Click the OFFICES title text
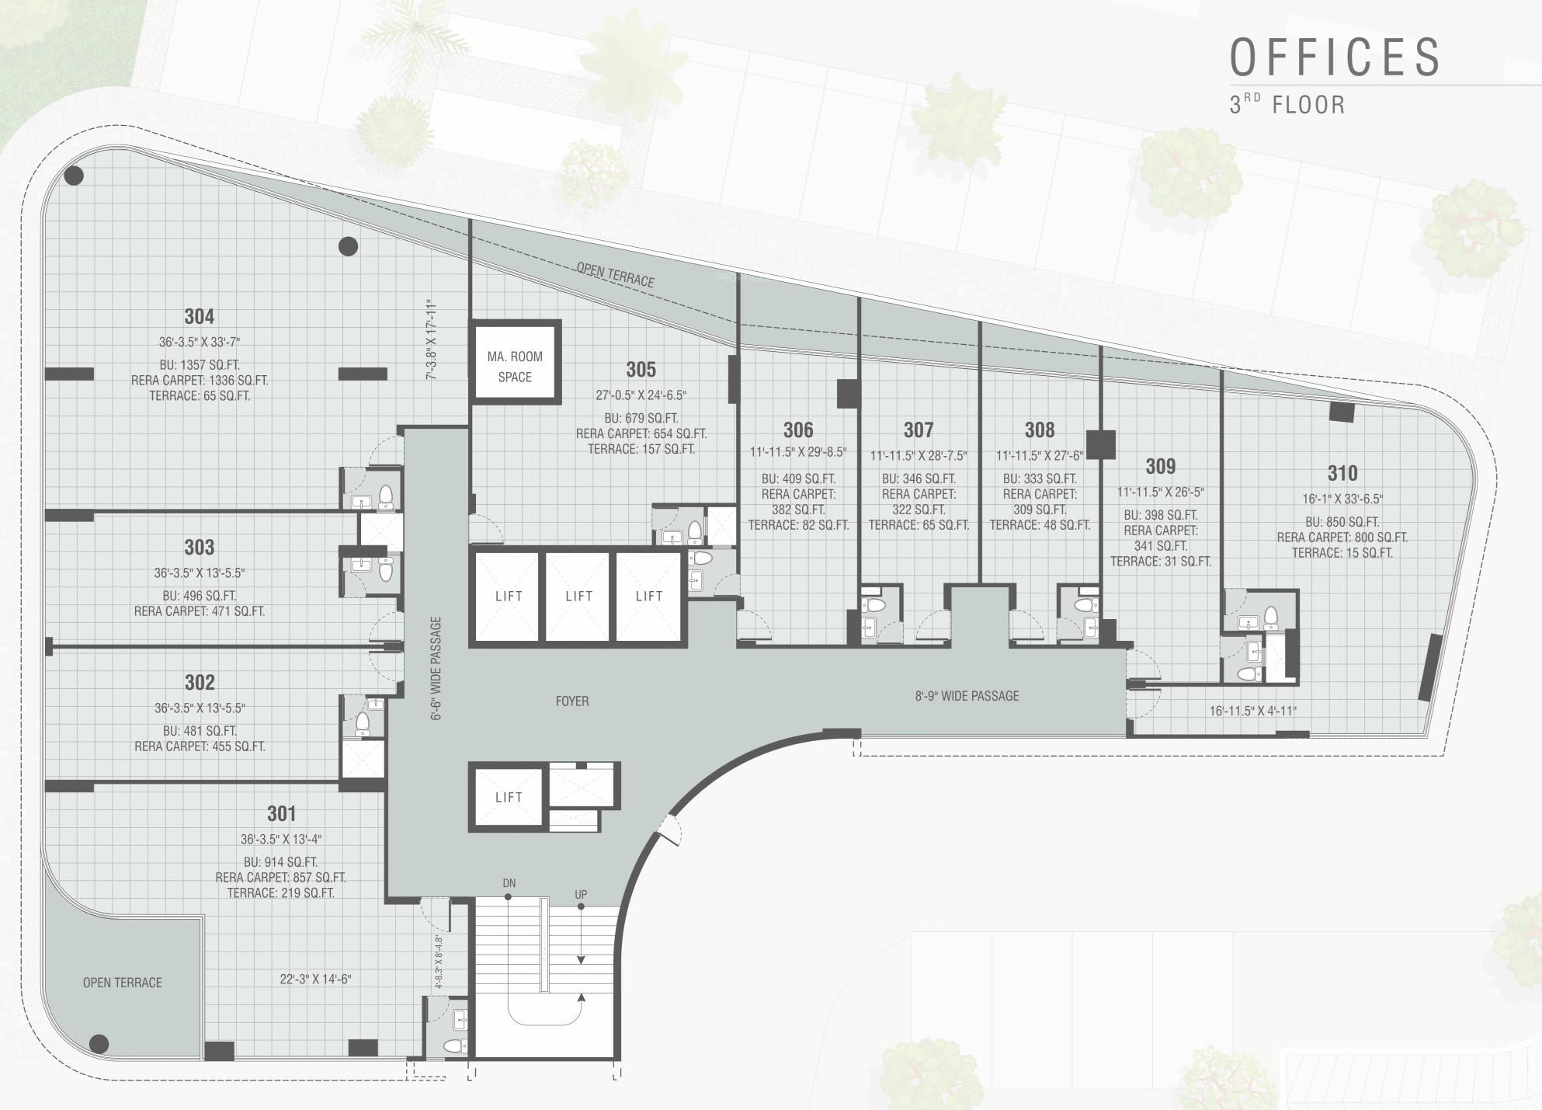click(x=1335, y=57)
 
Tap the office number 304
click(x=200, y=316)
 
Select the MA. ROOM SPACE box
click(x=515, y=361)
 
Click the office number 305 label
click(x=641, y=369)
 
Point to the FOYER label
click(x=572, y=701)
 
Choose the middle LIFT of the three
click(x=578, y=597)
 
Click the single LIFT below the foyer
click(x=509, y=798)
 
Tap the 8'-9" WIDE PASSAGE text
click(x=967, y=696)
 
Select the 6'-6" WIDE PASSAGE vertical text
click(x=436, y=669)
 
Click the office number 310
click(x=1342, y=473)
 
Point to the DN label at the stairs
click(x=509, y=883)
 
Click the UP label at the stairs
click(x=581, y=895)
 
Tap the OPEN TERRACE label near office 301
click(x=123, y=983)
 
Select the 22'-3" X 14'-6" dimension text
click(x=315, y=980)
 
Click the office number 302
click(x=200, y=682)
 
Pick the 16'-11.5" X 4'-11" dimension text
click(x=1252, y=711)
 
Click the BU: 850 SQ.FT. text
click(x=1342, y=522)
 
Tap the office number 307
click(x=919, y=430)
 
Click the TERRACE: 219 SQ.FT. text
click(x=281, y=893)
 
